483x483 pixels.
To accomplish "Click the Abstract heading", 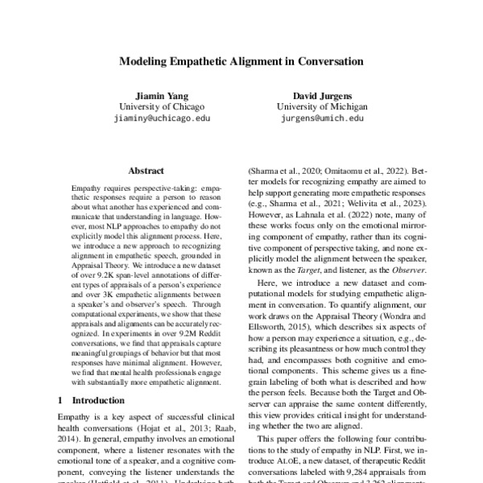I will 146,171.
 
